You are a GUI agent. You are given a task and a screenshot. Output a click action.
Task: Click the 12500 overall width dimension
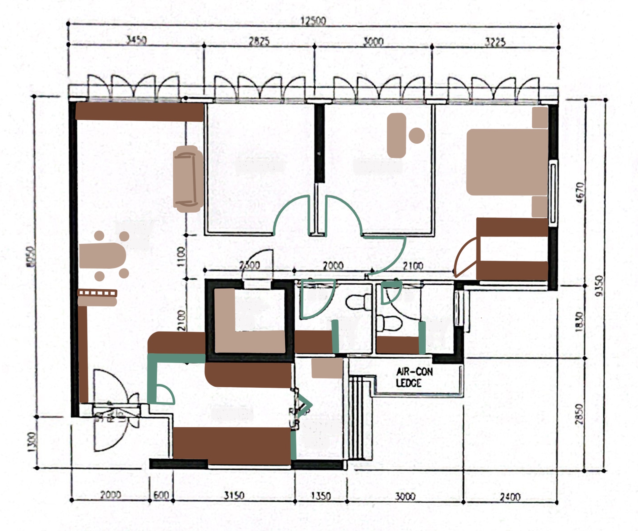pyautogui.click(x=313, y=21)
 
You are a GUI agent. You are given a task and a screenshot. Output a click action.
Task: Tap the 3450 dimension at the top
pyautogui.click(x=136, y=40)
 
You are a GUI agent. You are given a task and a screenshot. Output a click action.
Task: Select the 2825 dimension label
pyautogui.click(x=259, y=41)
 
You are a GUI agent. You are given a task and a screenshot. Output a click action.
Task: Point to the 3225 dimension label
pyautogui.click(x=495, y=42)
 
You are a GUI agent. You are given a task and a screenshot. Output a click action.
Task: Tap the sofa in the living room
pyautogui.click(x=188, y=179)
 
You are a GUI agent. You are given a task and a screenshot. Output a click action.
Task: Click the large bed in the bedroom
pyautogui.click(x=507, y=162)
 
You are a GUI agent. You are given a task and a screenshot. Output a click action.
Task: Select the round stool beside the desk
pyautogui.click(x=416, y=135)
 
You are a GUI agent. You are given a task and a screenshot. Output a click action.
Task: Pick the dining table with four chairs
pyautogui.click(x=103, y=255)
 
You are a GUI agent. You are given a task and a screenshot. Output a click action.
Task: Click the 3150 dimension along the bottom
pyautogui.click(x=234, y=495)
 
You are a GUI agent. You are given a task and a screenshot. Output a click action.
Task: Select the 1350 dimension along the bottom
pyautogui.click(x=321, y=496)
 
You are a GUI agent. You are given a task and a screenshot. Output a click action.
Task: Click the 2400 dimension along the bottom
pyautogui.click(x=510, y=497)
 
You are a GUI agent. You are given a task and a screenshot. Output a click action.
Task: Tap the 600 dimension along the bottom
pyautogui.click(x=161, y=495)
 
